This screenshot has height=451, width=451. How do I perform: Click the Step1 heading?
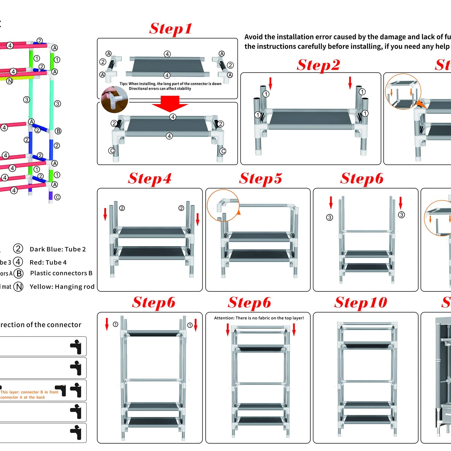[170, 29]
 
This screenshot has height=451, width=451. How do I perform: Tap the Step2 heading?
[318, 65]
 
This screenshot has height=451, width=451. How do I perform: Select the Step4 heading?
[150, 178]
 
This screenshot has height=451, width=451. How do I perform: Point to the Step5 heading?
[261, 178]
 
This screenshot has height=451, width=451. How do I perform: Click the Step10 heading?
[360, 302]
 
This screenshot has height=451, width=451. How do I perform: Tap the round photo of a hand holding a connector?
[114, 100]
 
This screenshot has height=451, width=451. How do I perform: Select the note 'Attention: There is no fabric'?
[259, 318]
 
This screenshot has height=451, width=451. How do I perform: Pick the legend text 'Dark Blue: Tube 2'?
[58, 249]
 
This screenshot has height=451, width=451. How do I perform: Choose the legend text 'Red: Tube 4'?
[48, 262]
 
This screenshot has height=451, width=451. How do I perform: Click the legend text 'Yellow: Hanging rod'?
[62, 287]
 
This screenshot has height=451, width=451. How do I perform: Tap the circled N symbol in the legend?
[19, 287]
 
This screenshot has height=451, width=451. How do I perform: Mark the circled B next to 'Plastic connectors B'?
[19, 273]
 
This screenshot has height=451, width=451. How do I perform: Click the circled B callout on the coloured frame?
[58, 131]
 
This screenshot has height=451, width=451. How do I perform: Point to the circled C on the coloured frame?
[57, 197]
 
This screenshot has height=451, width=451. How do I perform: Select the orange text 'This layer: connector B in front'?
[29, 392]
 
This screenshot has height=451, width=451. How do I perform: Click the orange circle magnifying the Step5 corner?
[223, 205]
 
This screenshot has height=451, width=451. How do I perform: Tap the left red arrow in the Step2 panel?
[270, 83]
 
